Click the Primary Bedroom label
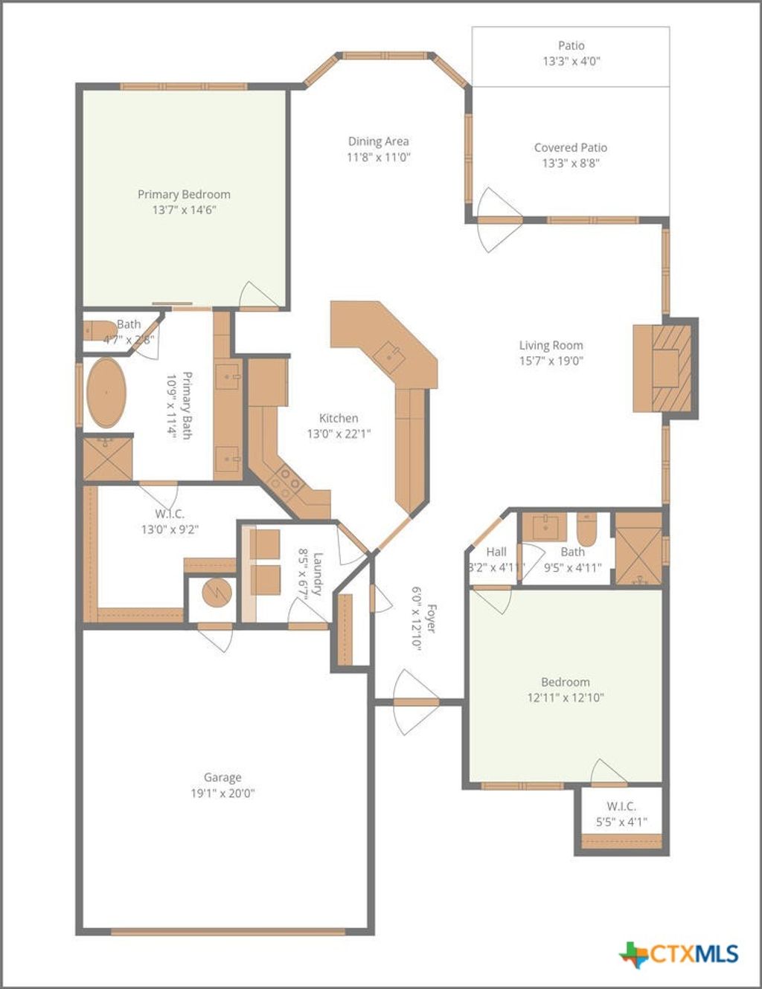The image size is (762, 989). click(184, 194)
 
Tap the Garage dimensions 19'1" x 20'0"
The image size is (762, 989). click(222, 793)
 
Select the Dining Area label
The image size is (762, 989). click(378, 141)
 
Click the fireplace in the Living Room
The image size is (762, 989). click(665, 367)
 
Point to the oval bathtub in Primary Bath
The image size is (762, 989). click(106, 393)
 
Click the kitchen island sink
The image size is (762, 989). click(389, 356)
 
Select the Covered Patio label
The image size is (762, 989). click(570, 147)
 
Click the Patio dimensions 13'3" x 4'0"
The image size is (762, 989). click(571, 61)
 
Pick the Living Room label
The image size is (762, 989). click(551, 345)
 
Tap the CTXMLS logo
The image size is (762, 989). click(679, 954)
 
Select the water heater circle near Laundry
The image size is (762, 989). click(217, 593)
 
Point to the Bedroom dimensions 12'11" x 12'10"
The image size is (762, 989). click(565, 698)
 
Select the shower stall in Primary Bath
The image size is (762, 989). click(107, 458)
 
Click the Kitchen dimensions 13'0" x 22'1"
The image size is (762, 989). click(339, 434)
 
